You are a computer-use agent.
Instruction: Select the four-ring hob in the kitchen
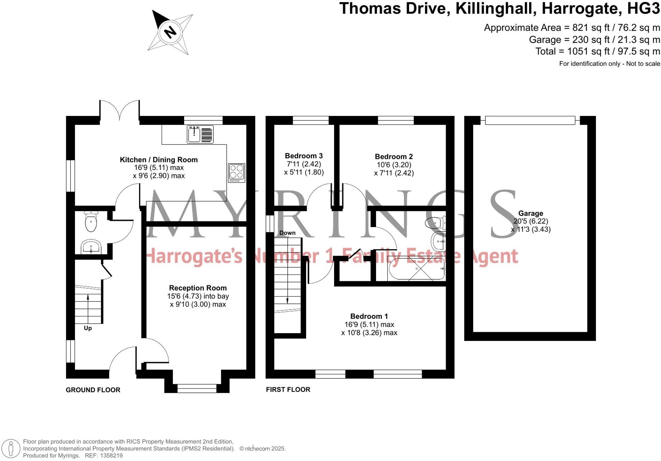237,173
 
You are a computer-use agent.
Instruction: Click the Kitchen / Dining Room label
159,160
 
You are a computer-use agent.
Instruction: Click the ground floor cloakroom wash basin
91,246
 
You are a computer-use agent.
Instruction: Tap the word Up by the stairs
88,328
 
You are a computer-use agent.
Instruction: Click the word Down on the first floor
287,233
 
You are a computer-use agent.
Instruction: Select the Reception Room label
198,288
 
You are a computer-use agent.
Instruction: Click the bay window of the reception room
197,388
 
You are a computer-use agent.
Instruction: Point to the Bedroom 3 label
304,156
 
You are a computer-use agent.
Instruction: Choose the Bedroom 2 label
394,157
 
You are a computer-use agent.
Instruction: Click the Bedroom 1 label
369,316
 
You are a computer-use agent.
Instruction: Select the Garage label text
530,213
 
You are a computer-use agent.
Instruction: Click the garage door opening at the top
530,120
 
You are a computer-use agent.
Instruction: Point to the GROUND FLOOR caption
93,390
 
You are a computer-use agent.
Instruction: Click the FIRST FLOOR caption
288,389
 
